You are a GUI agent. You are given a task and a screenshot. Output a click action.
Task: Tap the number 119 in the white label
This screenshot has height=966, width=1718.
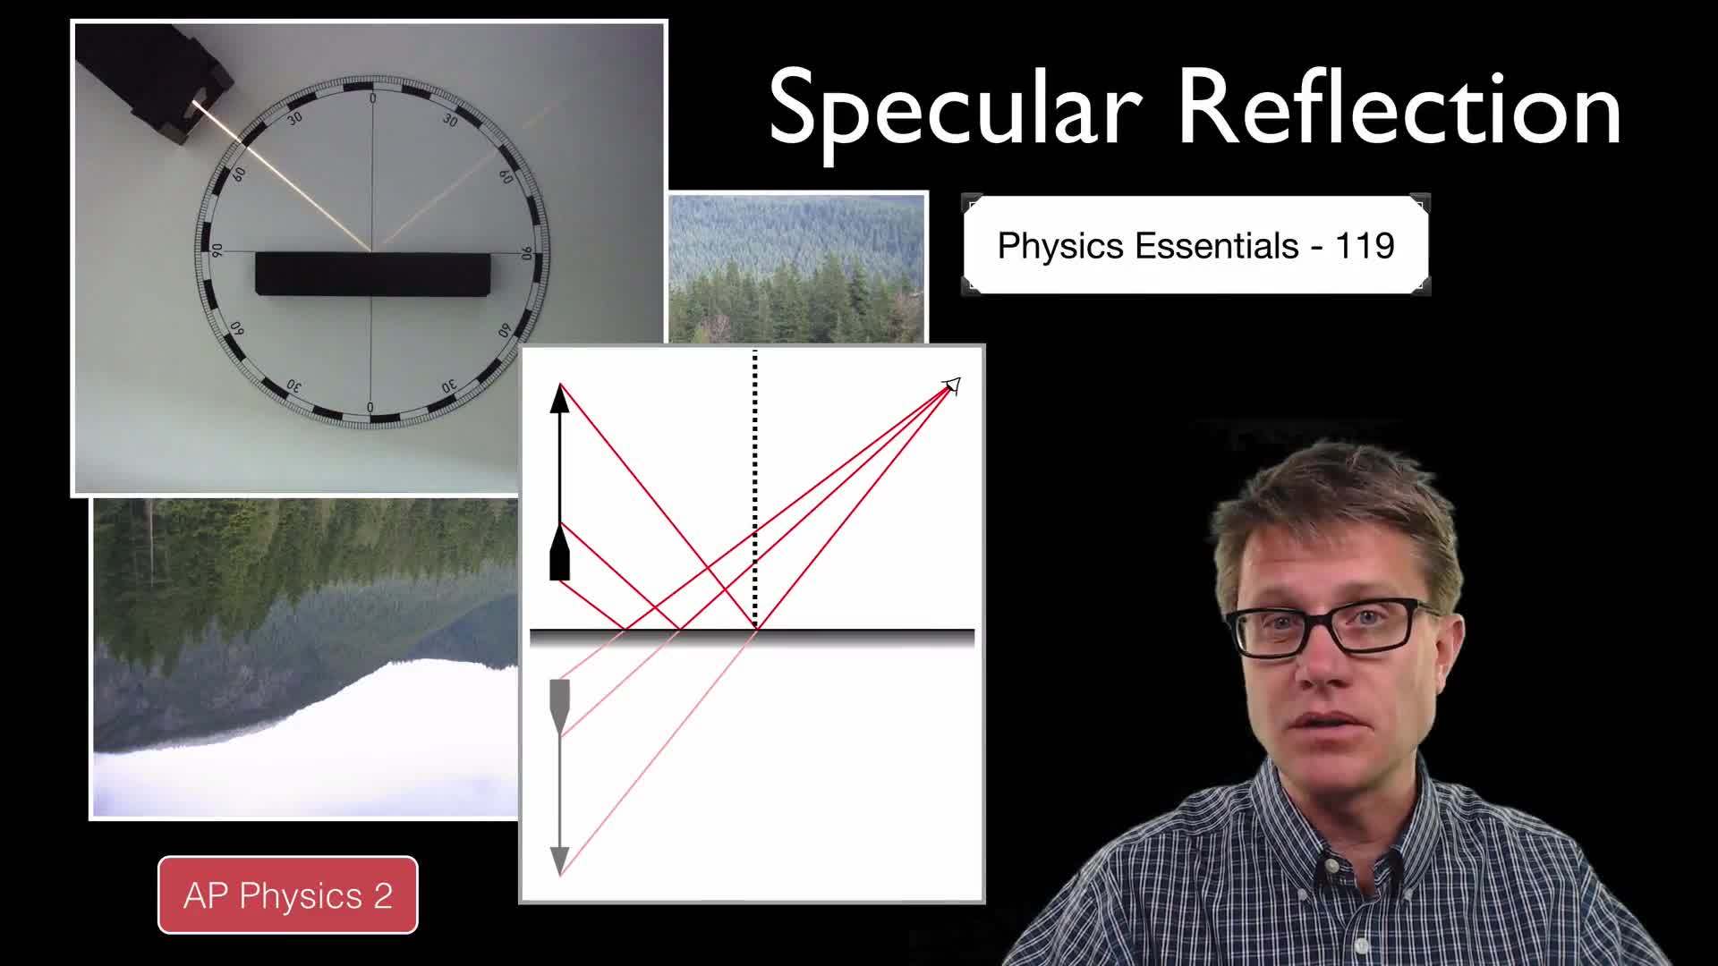click(x=1365, y=245)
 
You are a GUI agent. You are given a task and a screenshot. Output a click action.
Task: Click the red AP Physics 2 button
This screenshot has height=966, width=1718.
click(x=287, y=895)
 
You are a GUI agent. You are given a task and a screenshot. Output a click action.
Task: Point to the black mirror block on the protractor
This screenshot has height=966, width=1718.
click(x=372, y=274)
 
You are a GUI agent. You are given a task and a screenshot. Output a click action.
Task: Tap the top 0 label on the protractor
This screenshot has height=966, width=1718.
click(x=372, y=98)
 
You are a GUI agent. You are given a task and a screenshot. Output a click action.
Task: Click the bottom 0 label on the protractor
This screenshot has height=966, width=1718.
click(x=370, y=408)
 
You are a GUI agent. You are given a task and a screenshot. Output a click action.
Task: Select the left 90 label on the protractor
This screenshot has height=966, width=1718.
click(x=216, y=251)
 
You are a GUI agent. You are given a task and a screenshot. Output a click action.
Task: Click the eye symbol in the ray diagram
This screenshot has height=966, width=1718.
click(x=952, y=386)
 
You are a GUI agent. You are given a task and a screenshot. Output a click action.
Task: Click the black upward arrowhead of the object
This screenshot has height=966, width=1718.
click(x=560, y=398)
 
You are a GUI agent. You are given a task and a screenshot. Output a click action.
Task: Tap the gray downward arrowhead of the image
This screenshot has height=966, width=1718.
click(x=560, y=860)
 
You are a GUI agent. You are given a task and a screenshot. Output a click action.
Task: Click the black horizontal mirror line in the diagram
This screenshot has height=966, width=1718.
click(x=752, y=635)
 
